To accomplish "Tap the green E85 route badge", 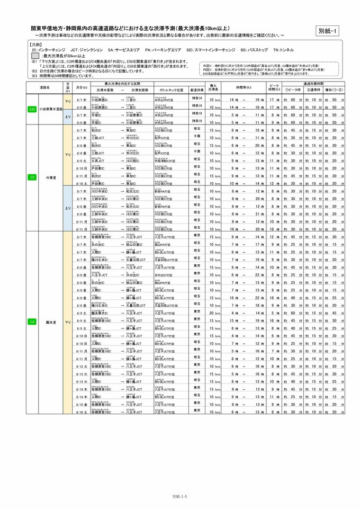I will (32, 110).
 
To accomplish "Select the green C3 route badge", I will (32, 177).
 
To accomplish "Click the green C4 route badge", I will (32, 322).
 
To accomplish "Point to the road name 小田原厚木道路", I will (51, 110).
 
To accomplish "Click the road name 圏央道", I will (51, 322).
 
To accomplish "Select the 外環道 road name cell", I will (51, 177).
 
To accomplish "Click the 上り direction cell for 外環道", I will (67, 208).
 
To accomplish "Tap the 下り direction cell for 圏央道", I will (67, 322).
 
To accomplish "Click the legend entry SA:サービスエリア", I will (122, 49).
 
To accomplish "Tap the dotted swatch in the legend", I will (35, 55).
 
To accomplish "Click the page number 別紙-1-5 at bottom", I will (180, 496).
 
